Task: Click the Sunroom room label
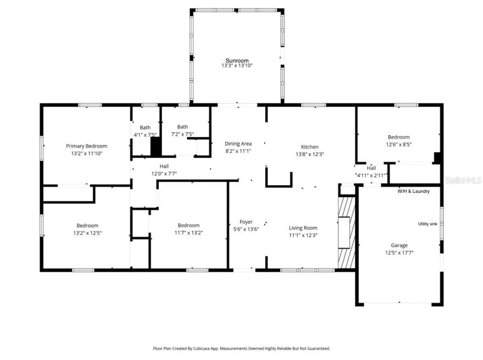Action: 237,60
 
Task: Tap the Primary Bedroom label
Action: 87,146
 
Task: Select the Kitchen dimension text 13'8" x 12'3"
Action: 310,154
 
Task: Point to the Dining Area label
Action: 238,143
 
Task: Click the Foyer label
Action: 246,222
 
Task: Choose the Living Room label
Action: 303,228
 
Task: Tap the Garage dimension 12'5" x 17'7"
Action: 399,253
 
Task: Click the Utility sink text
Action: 427,224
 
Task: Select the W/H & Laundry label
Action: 413,191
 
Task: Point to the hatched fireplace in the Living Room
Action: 347,233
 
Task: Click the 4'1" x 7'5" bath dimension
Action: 145,134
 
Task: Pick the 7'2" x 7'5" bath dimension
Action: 183,134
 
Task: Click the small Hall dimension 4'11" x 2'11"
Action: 372,176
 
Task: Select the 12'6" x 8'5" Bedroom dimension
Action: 399,144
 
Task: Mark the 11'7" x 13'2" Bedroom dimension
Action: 189,233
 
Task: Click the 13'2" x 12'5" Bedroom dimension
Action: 87,233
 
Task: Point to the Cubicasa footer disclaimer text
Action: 241,349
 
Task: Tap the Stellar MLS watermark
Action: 463,180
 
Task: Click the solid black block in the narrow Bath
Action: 156,147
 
